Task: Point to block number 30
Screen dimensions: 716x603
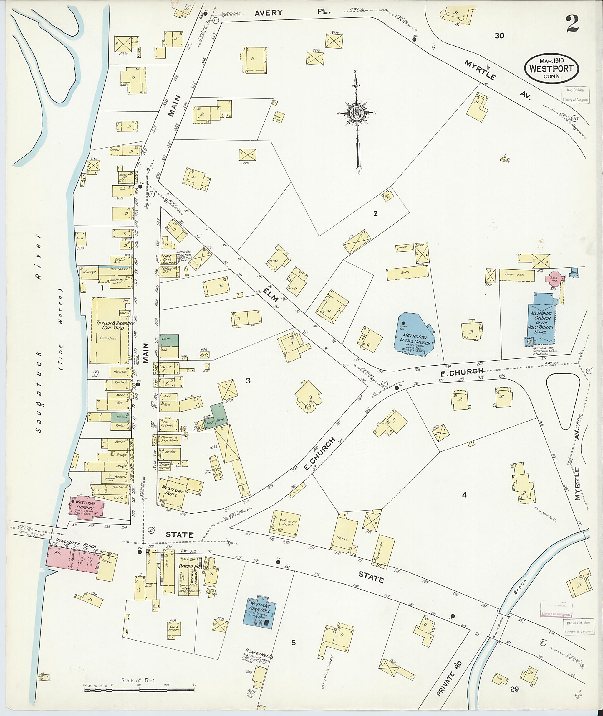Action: click(x=499, y=36)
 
